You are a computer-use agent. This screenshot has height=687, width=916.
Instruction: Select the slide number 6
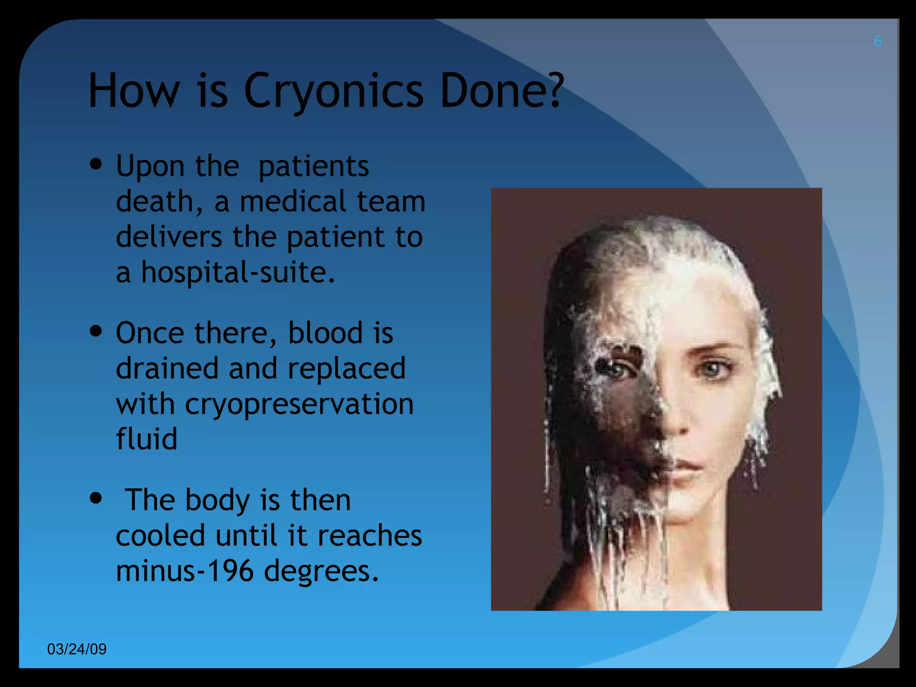(x=878, y=42)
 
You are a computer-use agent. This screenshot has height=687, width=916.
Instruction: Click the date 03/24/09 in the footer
(x=77, y=649)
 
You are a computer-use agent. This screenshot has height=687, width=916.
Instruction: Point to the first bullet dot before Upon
(x=96, y=164)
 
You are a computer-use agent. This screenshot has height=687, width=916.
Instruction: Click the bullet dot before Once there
(x=96, y=331)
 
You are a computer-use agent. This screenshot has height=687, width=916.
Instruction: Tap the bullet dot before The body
(x=96, y=498)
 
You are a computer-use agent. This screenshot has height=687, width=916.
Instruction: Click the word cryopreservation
(x=299, y=404)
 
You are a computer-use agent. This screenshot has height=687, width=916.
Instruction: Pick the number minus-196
(x=185, y=571)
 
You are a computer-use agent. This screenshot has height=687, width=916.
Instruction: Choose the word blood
(x=325, y=333)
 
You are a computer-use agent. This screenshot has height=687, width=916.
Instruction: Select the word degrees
(x=321, y=571)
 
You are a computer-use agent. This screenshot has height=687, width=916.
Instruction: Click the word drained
(x=167, y=369)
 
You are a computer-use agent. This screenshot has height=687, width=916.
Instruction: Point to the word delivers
(x=169, y=237)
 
